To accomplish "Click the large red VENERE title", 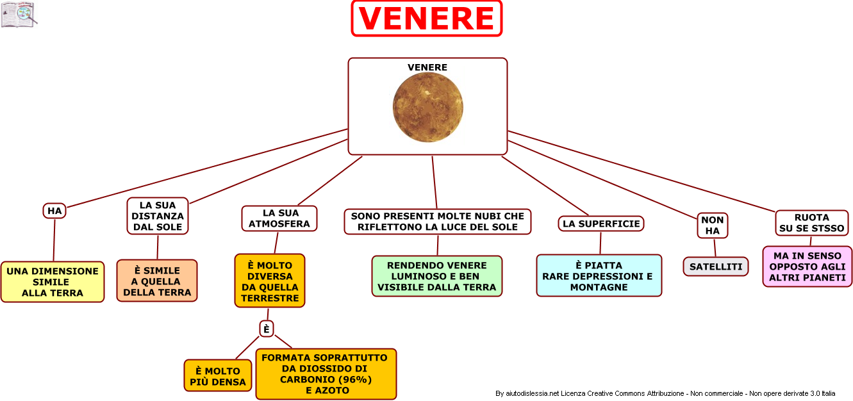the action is tap(427, 19).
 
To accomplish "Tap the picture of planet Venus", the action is tap(428, 107).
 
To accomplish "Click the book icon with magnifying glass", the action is tap(19, 15).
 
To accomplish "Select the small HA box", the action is tap(54, 211).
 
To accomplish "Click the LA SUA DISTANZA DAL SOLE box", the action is tap(158, 216).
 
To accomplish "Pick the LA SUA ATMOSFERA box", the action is tap(279, 218).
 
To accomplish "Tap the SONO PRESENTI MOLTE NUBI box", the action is tap(438, 222).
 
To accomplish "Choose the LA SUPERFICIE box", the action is tap(601, 224).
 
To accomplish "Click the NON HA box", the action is tap(713, 225).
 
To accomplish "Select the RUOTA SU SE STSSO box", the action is tap(812, 223).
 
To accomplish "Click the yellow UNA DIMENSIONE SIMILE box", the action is tap(53, 282).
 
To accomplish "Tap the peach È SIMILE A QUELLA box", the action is tap(157, 281).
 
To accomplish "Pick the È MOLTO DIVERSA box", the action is tap(270, 281).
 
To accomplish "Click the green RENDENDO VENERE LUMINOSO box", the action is tap(437, 276).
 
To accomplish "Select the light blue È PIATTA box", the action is tap(599, 275).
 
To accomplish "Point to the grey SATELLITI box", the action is tap(716, 266).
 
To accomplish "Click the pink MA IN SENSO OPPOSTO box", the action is tap(807, 266).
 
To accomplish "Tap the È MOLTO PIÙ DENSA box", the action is tap(218, 376).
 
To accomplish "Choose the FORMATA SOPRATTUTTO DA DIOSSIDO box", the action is tap(326, 373).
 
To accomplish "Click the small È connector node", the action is tap(267, 329).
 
